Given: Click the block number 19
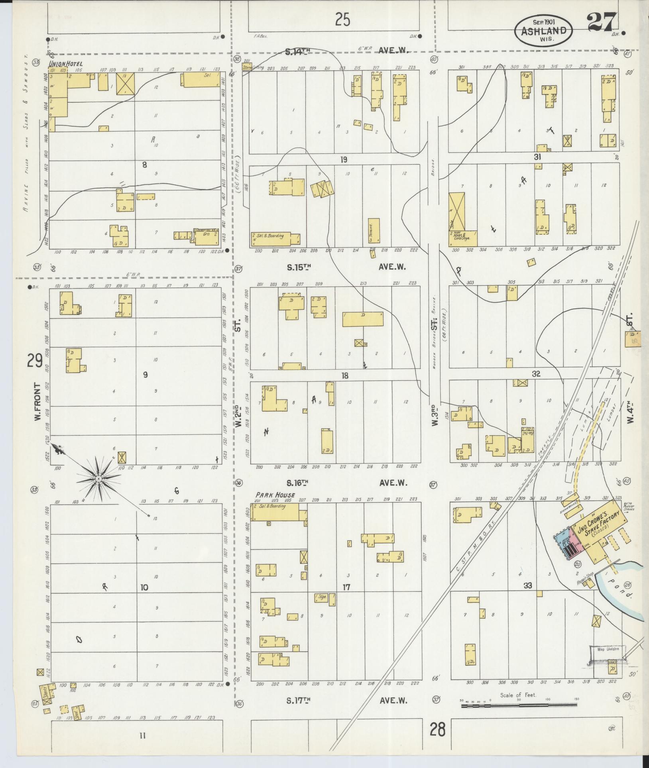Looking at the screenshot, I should point(344,160).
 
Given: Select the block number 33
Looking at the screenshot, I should point(528,585).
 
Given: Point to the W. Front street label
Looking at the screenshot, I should point(38,402).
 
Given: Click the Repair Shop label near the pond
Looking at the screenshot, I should point(585,578).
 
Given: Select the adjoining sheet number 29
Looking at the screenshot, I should point(35,361).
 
